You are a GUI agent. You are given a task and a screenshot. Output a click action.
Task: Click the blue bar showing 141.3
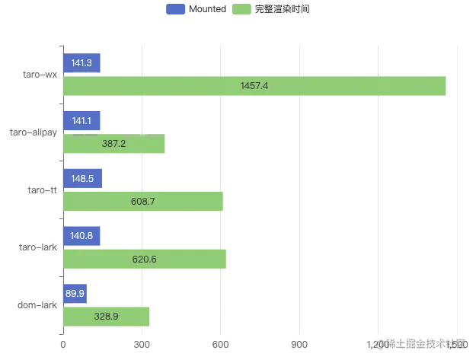pos(81,63)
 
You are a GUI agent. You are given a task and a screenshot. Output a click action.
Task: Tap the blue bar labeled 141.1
pos(81,120)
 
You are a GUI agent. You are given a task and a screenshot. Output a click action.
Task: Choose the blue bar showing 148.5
pos(81,178)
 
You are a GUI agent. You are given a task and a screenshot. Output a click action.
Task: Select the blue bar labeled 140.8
pos(81,236)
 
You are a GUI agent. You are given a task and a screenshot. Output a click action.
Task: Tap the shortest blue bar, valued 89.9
pos(72,293)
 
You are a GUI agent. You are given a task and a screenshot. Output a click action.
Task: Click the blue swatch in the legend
pos(176,10)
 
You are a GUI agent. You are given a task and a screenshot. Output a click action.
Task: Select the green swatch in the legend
pos(243,10)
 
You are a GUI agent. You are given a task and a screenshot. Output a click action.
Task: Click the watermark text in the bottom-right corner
pos(420,343)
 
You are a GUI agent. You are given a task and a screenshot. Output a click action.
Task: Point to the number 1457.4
pos(254,86)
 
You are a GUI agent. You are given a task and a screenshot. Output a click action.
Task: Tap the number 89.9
pos(72,293)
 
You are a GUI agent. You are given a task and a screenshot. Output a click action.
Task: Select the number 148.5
pos(81,178)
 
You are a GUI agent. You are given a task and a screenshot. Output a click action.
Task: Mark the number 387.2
pos(114,143)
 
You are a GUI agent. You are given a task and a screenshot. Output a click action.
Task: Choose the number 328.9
pos(107,316)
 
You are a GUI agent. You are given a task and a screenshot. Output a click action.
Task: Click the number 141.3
pos(81,63)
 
